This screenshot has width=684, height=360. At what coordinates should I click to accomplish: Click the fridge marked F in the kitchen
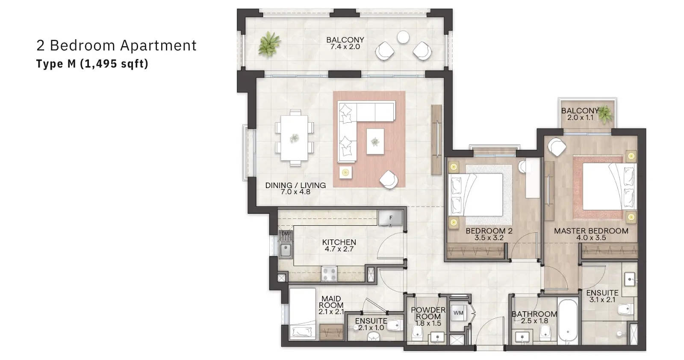pos(390,218)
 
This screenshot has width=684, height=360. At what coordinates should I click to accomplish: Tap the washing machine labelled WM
pos(458,313)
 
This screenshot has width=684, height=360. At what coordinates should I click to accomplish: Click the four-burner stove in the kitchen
pos(329,274)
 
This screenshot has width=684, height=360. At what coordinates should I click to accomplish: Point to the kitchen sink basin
pos(286,251)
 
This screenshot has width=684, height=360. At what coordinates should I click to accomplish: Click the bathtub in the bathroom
pos(568,321)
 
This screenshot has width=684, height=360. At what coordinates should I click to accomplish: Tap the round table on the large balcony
pos(403,37)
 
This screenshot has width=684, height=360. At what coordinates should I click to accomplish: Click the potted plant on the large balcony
pos(269,44)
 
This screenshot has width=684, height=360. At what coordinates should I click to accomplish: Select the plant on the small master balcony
pos(605,114)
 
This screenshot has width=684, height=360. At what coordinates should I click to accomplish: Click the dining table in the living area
pos(295,138)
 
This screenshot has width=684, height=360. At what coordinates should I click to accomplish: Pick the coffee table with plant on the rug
pos(375,142)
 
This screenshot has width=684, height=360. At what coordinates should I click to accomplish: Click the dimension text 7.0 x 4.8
pos(295,192)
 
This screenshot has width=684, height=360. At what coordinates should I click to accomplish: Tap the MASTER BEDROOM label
pos(591,231)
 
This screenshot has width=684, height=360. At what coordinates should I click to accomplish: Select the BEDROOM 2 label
pos(489,231)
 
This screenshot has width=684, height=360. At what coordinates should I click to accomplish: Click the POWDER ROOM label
pos(428,313)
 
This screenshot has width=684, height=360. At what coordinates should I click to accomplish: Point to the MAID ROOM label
pos(331,302)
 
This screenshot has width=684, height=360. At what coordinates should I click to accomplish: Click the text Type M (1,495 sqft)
pos(92,64)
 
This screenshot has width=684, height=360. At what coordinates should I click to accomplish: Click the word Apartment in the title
pos(158,46)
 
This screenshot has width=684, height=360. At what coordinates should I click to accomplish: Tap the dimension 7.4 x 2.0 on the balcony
pos(345,47)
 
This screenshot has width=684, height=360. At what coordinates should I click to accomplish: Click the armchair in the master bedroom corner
pos(557,147)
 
